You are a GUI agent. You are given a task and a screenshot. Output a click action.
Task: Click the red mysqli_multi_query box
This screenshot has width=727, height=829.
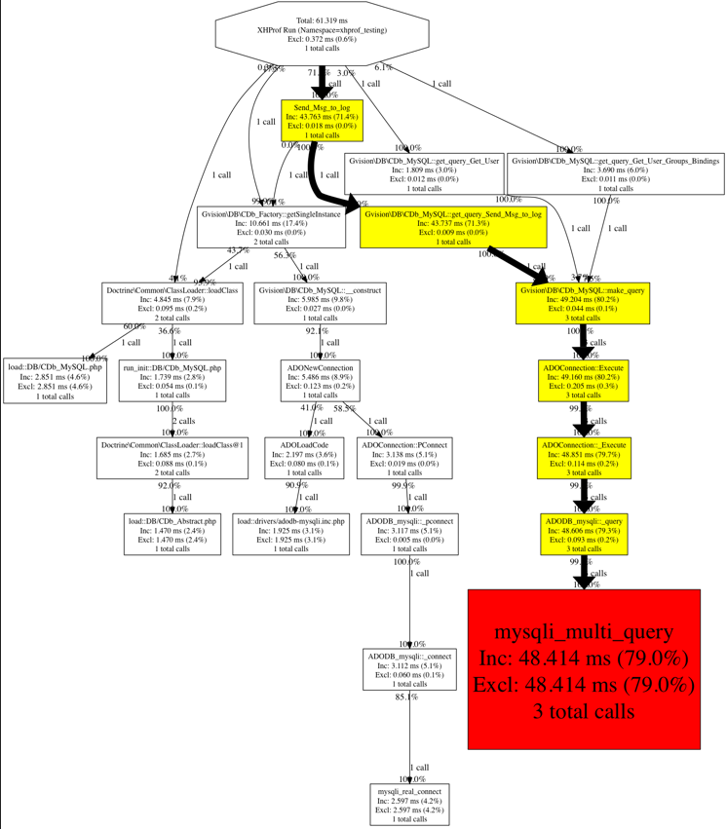[584, 669]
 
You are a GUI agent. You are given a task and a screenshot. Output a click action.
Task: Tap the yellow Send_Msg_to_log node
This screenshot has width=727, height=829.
[322, 121]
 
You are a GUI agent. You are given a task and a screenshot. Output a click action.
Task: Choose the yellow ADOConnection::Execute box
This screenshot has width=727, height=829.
[583, 381]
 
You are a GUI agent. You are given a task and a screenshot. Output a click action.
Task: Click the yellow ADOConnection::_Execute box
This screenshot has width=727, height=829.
[583, 458]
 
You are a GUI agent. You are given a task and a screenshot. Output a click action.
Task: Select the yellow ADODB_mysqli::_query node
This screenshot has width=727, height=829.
[583, 535]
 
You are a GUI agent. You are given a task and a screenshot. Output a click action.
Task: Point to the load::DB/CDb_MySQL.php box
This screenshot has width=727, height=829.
[55, 381]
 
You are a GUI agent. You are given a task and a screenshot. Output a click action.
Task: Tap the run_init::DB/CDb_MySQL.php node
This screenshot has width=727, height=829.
[172, 381]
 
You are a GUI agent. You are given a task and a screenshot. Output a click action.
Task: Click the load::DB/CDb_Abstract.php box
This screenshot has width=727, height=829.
[172, 535]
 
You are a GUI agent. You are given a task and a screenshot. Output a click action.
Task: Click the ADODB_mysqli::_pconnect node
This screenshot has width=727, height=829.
[409, 535]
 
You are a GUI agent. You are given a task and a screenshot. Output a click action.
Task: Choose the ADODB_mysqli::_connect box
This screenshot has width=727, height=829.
[410, 669]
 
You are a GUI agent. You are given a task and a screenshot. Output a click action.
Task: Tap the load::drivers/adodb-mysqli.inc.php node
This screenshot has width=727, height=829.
[290, 535]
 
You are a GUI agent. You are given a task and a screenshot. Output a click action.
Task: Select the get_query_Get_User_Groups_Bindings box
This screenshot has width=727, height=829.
[616, 173]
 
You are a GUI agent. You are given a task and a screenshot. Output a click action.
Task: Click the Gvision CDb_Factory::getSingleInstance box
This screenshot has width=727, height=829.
[271, 227]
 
